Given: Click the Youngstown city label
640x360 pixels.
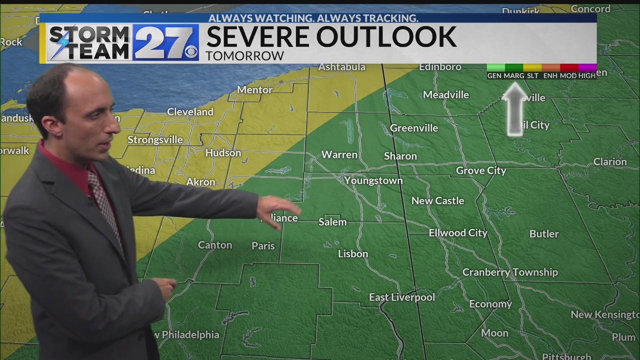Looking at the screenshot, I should (373, 180).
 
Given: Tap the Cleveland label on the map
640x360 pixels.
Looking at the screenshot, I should (190, 112).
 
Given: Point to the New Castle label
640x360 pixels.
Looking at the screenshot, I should (437, 200).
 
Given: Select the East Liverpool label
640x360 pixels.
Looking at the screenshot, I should (401, 297).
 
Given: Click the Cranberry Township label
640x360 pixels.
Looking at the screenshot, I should (509, 272).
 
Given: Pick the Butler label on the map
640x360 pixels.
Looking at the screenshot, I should (544, 233).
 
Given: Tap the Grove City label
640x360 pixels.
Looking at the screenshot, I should (481, 170).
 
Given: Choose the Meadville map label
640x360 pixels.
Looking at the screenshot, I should (445, 94).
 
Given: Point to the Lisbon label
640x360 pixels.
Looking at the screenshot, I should (352, 253).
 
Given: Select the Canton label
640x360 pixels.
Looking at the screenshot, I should (215, 245).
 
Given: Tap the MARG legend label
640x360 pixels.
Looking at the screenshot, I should (513, 75).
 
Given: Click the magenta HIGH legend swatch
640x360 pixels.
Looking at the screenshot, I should (587, 67).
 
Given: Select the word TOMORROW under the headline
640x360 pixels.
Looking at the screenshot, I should (244, 55).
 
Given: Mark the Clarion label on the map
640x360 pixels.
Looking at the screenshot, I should (609, 161).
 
